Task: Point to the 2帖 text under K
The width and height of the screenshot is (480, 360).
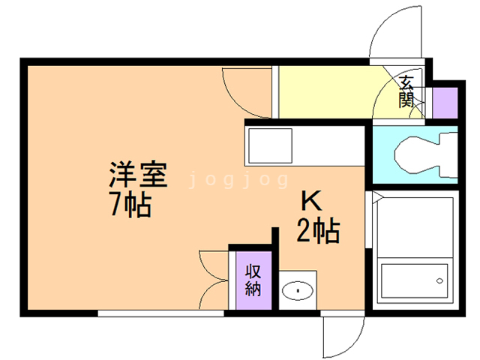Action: coord(317,230)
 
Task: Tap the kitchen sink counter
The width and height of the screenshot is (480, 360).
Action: coord(268,146)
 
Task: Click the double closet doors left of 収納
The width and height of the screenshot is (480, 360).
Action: coord(214,277)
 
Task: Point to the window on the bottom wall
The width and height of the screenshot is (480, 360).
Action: coord(160,313)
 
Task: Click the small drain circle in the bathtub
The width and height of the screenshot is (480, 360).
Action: coord(439,281)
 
